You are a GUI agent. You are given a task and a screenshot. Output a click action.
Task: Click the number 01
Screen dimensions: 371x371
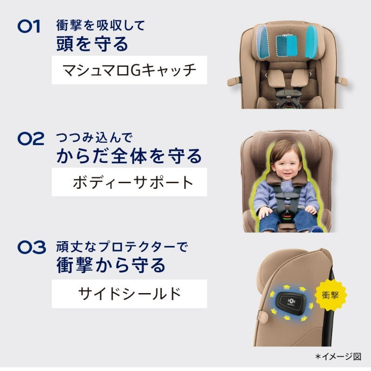(29, 26)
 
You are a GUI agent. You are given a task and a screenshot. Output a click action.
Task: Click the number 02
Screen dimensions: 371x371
(31, 139)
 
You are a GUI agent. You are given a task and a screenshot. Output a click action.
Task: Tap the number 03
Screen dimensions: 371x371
(32, 247)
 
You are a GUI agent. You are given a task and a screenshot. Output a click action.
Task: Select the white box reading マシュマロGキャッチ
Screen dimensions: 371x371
(129, 70)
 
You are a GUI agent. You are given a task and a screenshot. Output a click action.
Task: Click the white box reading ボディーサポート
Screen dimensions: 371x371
(129, 182)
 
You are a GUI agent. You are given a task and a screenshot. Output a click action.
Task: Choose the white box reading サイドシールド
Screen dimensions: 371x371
(129, 294)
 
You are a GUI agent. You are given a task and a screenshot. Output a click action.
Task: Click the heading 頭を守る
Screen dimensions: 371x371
(92, 44)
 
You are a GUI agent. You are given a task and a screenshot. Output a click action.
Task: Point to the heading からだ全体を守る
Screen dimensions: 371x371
(129, 156)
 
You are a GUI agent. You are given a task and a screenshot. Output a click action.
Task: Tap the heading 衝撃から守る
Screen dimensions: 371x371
(111, 265)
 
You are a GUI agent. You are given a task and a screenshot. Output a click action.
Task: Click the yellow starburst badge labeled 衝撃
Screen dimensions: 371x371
(330, 295)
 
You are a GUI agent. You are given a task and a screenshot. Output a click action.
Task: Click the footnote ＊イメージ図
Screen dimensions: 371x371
(339, 357)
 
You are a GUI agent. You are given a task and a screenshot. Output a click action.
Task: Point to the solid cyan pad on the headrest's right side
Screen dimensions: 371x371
(312, 42)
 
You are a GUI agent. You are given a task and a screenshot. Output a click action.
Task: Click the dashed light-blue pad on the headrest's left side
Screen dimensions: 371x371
(263, 42)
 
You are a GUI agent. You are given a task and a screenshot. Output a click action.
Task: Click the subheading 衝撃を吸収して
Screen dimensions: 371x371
(101, 26)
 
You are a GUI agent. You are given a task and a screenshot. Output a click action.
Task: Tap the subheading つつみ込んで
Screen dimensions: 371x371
(94, 138)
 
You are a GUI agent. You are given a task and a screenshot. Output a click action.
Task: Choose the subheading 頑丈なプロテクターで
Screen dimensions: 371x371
(122, 247)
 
